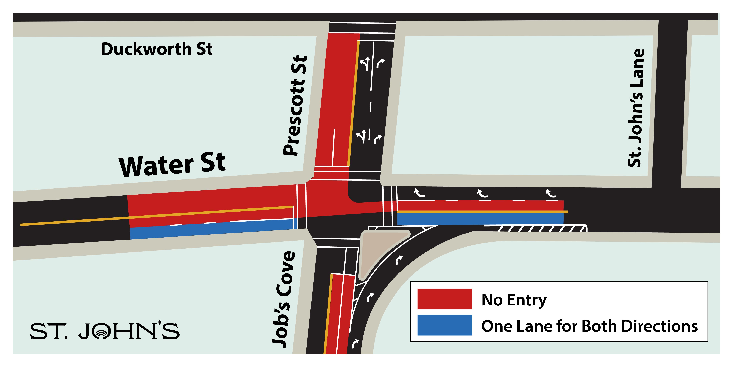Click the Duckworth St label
tap(157, 49)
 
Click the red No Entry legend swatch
tap(444, 299)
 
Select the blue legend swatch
tap(444, 325)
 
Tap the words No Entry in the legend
tap(514, 300)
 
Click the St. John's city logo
tap(105, 331)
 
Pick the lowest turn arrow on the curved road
tap(355, 343)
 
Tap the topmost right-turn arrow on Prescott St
tap(380, 63)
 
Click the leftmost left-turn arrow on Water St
tap(419, 193)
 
